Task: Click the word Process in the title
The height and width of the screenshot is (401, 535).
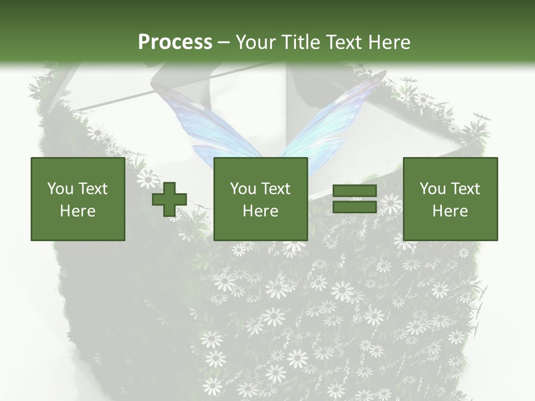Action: coord(175,42)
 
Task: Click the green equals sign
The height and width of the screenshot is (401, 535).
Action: coord(354,199)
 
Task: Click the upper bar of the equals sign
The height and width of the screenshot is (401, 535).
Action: coord(354,191)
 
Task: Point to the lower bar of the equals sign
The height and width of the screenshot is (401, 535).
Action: coord(354,207)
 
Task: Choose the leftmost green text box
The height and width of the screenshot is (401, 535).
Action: coord(77,199)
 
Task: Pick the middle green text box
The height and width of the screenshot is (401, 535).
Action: coord(260,199)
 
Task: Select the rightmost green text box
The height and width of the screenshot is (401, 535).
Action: coord(450,199)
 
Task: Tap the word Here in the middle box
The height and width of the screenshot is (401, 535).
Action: coord(260,211)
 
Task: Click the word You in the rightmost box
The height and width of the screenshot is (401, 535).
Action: coord(433,189)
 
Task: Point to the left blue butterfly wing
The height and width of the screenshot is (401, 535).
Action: coord(206,123)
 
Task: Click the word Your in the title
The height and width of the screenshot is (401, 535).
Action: coord(255,42)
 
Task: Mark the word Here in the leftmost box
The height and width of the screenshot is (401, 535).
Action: coord(77,211)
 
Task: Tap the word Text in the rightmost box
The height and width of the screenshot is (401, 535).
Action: coord(465,189)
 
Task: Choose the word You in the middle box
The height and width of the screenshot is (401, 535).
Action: coord(244,189)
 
